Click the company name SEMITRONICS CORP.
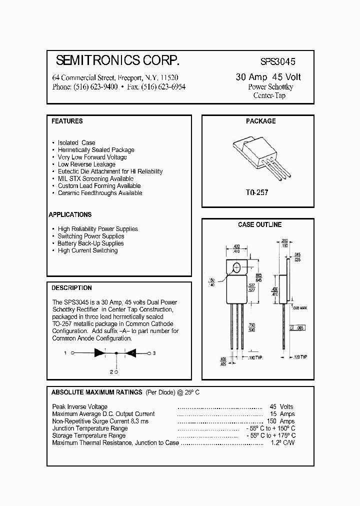(x=117, y=61)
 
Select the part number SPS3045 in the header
(x=278, y=62)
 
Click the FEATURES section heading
(x=67, y=121)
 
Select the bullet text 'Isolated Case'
(x=76, y=142)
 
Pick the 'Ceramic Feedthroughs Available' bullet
(x=99, y=193)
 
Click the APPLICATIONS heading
(x=70, y=214)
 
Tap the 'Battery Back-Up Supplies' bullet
(x=90, y=243)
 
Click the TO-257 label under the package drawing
(x=257, y=192)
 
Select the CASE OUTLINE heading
(x=259, y=225)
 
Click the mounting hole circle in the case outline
(x=237, y=266)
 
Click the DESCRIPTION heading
(x=71, y=288)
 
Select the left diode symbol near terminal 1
(x=99, y=353)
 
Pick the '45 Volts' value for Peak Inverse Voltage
(x=281, y=407)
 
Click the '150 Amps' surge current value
(x=281, y=421)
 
